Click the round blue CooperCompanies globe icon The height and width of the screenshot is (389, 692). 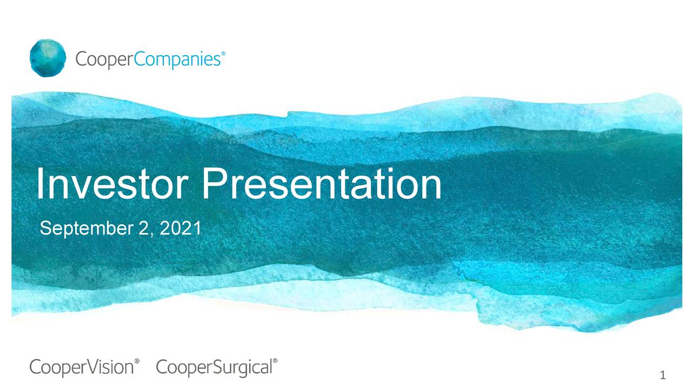tap(48, 58)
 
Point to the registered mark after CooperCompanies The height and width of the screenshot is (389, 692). tap(224, 54)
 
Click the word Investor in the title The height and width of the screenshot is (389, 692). tap(113, 185)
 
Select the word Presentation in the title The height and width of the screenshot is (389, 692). tap(322, 185)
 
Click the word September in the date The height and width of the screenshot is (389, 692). tap(84, 229)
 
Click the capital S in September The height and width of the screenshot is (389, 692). tap(45, 229)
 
